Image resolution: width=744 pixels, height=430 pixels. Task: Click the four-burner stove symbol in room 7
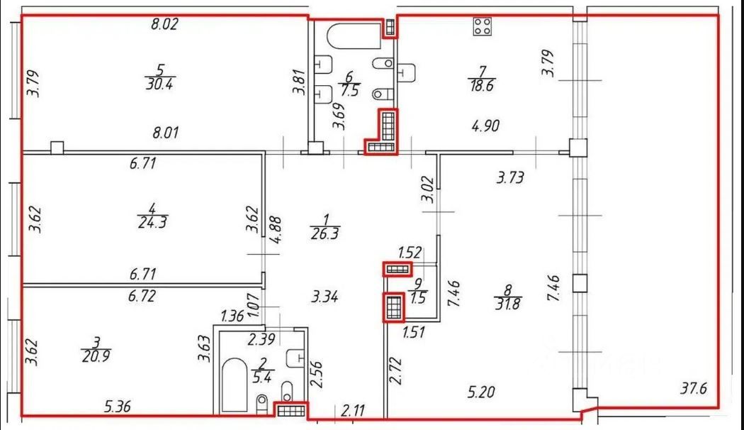484,27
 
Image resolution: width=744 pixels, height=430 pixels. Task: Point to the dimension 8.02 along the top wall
164,24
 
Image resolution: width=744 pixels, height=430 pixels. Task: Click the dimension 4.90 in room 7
487,126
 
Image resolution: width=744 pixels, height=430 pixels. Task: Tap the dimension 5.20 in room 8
482,390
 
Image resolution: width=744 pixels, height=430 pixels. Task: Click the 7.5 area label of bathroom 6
348,92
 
